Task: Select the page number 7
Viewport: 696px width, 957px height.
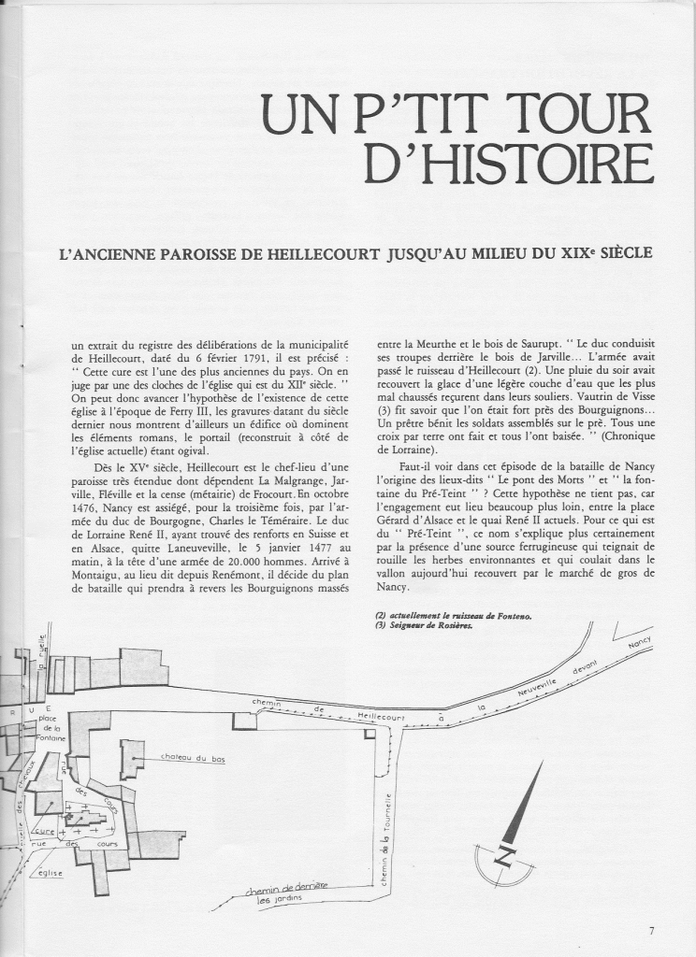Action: [x=651, y=930]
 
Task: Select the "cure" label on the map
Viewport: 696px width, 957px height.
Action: [x=42, y=830]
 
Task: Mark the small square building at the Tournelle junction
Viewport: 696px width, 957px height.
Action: [x=370, y=735]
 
